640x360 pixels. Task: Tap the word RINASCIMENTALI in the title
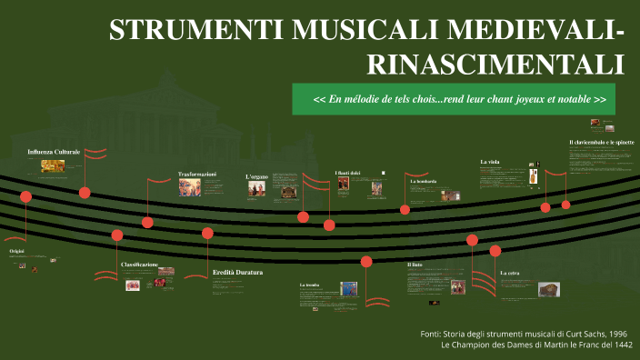(x=495, y=64)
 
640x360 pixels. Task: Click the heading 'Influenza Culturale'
(x=54, y=151)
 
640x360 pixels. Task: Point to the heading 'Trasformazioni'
(x=197, y=174)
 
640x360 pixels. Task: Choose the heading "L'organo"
(x=257, y=176)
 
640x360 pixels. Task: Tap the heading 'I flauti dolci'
(x=347, y=173)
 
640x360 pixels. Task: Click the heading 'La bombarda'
(x=424, y=182)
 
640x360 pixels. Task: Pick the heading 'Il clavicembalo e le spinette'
(x=601, y=143)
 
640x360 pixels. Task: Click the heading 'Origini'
(x=16, y=250)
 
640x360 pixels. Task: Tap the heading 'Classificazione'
(x=139, y=265)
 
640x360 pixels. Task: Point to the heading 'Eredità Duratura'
(x=237, y=273)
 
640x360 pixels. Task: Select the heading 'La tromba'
(x=309, y=285)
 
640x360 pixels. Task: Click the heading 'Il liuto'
(x=415, y=265)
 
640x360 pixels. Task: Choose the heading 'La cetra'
(x=509, y=273)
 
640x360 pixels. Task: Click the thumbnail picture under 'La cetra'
(x=548, y=289)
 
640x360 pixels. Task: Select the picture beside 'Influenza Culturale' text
(x=53, y=165)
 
